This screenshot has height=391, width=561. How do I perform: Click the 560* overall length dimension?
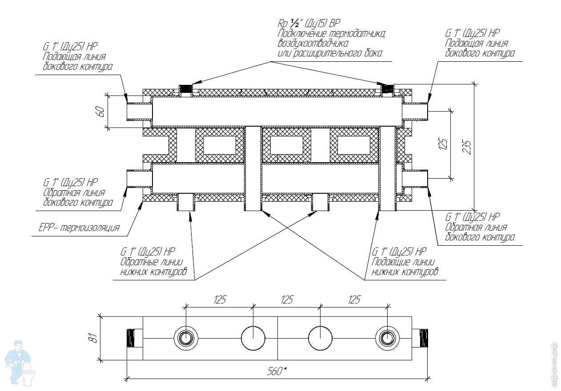[276, 371]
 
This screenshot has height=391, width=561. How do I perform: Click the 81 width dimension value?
[94, 338]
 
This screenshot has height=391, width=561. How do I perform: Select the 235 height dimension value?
[467, 148]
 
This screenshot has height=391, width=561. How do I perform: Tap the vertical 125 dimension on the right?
[443, 144]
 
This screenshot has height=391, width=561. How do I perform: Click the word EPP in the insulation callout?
[45, 227]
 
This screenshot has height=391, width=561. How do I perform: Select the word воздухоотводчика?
[313, 43]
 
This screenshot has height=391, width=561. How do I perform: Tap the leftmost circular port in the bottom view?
[185, 338]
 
